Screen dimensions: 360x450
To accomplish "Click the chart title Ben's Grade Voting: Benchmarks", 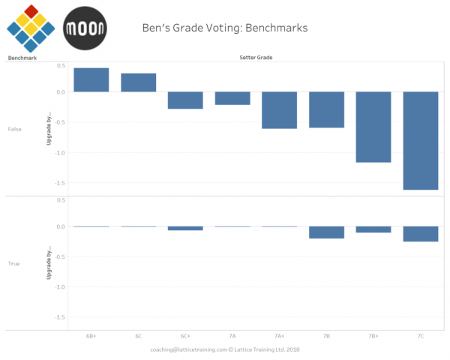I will (x=225, y=28).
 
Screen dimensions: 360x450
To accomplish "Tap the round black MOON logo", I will (x=85, y=28).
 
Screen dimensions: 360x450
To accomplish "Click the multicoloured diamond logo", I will (x=31, y=28).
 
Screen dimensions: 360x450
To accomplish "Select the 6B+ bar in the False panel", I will (x=91, y=80).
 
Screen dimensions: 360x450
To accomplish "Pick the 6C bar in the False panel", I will (x=139, y=82).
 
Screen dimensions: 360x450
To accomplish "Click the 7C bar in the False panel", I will (x=421, y=140).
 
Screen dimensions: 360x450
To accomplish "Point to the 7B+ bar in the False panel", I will (x=373, y=127).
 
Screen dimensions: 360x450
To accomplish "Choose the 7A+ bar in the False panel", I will (x=280, y=110).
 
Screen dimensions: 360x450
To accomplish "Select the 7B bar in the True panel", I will (x=326, y=232).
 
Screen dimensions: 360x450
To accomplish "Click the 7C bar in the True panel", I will (x=421, y=234).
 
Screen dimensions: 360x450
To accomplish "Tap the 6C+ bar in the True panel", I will (x=185, y=228).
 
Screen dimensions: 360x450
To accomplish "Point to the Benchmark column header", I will (x=20, y=58).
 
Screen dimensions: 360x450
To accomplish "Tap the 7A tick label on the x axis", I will (x=232, y=337).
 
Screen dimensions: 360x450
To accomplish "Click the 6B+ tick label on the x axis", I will (x=91, y=337).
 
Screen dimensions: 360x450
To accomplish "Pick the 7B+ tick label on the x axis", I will (x=373, y=337).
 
